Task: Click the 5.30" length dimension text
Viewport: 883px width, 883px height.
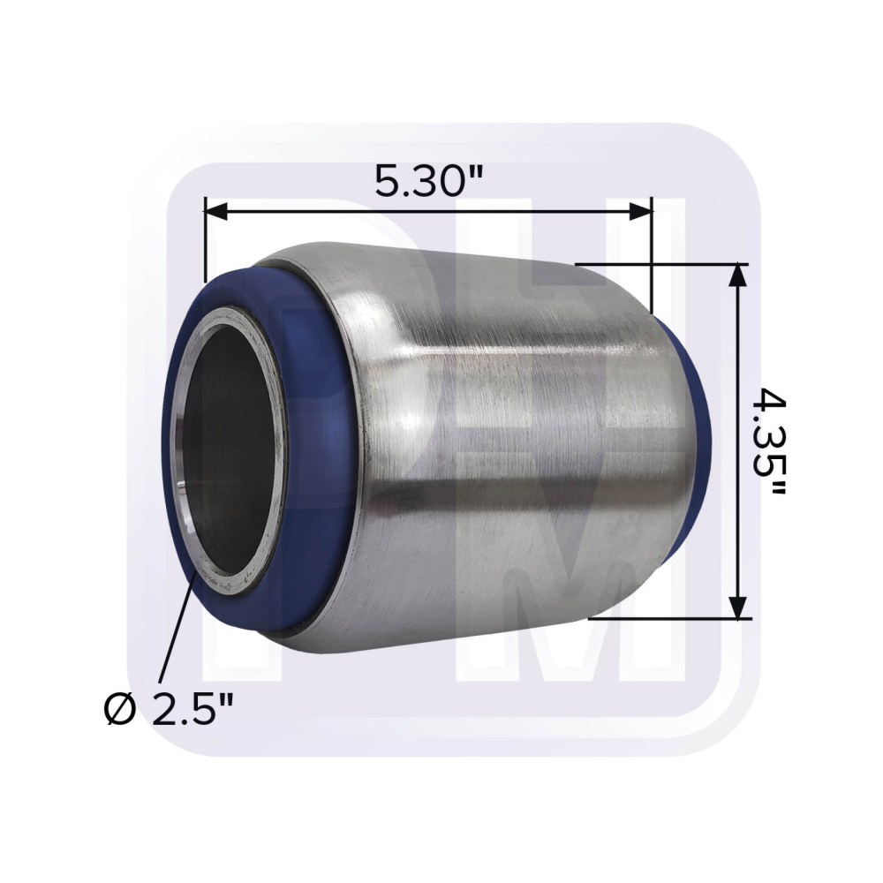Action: coord(429,182)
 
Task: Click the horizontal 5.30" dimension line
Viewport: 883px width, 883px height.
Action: coord(429,211)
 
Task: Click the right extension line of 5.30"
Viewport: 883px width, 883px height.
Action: coord(652,256)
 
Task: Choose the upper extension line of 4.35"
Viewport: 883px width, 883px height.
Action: coord(662,264)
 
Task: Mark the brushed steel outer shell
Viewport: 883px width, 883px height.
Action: coord(512,441)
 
